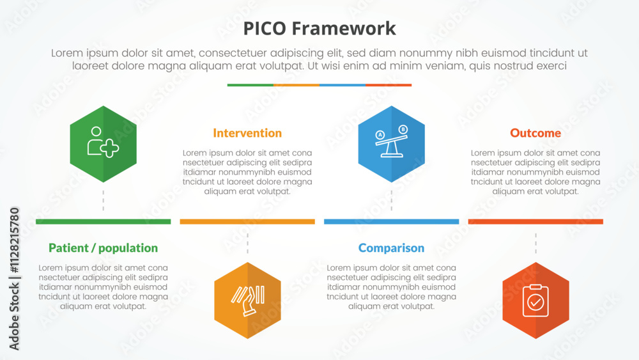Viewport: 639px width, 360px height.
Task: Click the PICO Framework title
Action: [x=319, y=29]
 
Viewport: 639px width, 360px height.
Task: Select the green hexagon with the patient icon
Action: [x=103, y=144]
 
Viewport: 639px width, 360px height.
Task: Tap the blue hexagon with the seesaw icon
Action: [x=391, y=144]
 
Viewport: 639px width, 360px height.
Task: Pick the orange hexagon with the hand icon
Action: [x=247, y=301]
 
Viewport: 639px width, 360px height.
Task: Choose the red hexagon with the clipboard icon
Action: [x=535, y=301]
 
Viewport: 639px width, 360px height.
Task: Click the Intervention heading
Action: [x=247, y=133]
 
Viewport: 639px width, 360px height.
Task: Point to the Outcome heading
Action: [x=535, y=133]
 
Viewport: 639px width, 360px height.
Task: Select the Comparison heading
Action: [x=391, y=248]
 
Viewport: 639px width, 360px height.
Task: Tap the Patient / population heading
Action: [x=103, y=248]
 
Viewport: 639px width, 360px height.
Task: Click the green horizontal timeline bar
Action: [x=103, y=222]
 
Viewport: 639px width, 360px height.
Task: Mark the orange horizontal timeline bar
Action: [x=247, y=222]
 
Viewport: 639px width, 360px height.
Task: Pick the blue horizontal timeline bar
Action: [x=391, y=222]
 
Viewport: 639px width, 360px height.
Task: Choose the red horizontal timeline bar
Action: [x=535, y=222]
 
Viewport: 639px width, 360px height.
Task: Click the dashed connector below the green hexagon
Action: [x=103, y=200]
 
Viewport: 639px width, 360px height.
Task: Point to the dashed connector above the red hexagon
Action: [x=535, y=244]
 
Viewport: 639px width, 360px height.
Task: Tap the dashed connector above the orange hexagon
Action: [x=247, y=244]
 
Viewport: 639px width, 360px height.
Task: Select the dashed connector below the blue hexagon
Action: [x=391, y=200]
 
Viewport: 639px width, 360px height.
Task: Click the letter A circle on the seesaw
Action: [x=380, y=135]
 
